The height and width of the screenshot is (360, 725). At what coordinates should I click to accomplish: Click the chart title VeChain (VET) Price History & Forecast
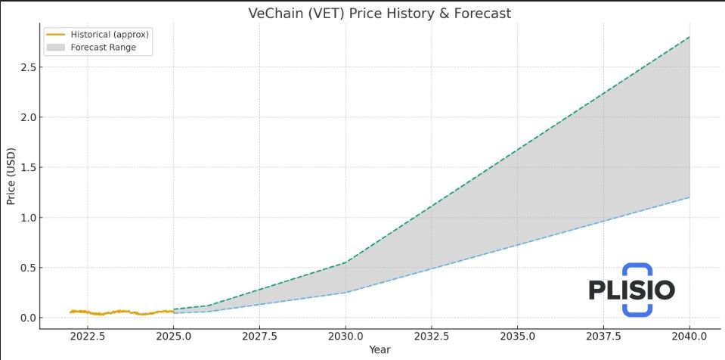pos(380,14)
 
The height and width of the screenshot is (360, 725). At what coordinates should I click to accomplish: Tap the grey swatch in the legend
pos(56,47)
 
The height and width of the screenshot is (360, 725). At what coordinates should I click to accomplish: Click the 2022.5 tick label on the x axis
pos(88,337)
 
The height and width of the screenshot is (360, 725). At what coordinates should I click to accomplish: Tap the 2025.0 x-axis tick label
pos(174,337)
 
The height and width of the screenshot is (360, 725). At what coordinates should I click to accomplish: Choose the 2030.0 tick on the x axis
pos(345,337)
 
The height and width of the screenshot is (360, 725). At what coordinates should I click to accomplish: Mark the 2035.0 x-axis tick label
pos(517,337)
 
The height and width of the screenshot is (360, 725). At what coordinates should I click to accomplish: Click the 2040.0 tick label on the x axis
pos(689,337)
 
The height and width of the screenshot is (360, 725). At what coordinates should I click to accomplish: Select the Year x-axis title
pos(380,350)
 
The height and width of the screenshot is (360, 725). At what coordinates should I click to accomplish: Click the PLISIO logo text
pos(632,290)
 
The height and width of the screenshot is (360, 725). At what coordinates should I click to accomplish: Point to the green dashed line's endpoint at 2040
pos(689,37)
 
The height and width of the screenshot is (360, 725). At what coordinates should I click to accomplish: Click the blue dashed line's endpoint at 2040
pos(689,197)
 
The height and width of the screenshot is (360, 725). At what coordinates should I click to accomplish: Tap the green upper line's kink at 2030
pos(345,262)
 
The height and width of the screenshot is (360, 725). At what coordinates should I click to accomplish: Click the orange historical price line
pos(113,312)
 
